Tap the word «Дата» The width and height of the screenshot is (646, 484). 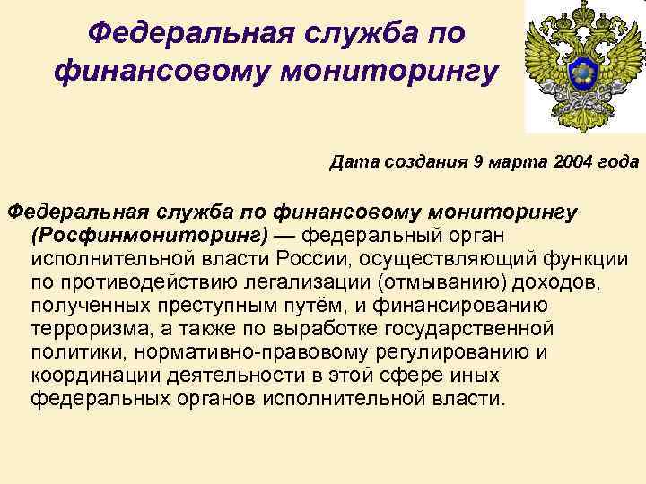pyautogui.click(x=354, y=162)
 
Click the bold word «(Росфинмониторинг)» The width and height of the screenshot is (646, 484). pyautogui.click(x=150, y=236)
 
